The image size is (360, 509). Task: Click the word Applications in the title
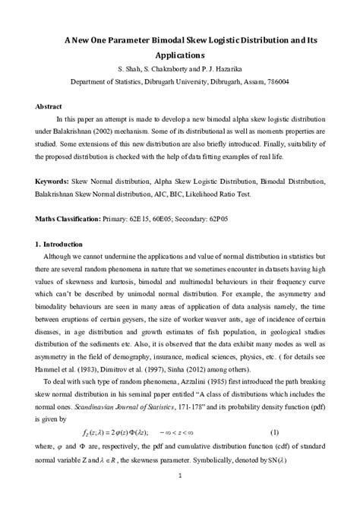pos(180,55)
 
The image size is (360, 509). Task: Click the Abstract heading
pos(50,106)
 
